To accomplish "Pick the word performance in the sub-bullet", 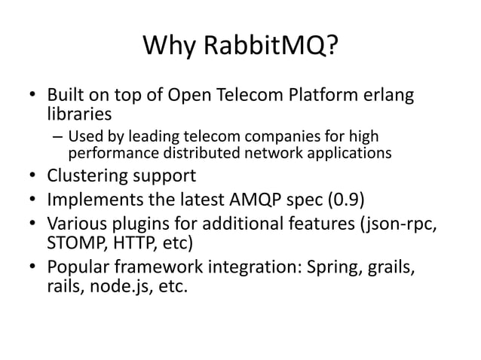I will click(109, 154).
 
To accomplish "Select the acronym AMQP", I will click(261, 200).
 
